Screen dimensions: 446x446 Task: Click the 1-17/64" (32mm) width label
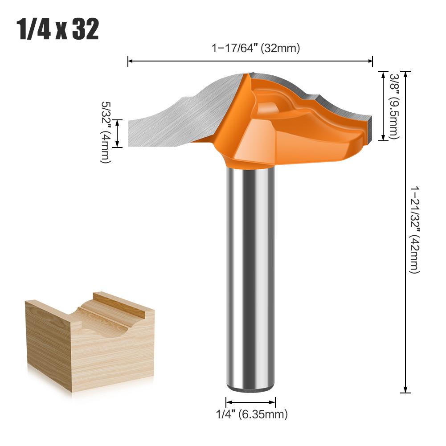[255, 49]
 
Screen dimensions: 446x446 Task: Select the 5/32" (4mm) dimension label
[105, 132]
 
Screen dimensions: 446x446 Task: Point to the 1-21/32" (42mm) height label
[414, 230]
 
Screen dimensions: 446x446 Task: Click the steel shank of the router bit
[250, 276]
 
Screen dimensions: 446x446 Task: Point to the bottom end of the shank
[250, 389]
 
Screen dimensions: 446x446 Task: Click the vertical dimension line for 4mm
[117, 133]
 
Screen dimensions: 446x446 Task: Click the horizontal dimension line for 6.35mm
[250, 401]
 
